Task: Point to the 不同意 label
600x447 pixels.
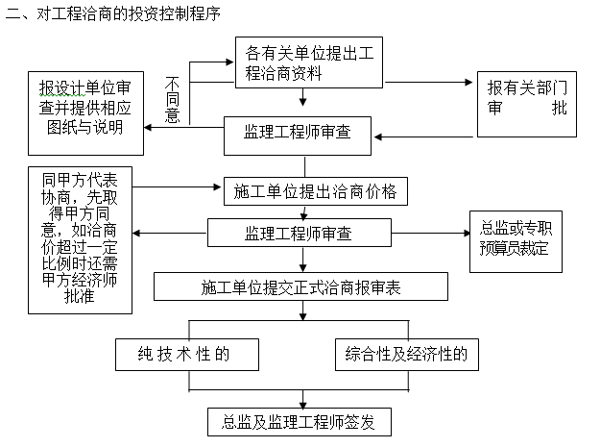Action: [x=173, y=99]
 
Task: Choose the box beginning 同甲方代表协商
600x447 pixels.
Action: [x=81, y=238]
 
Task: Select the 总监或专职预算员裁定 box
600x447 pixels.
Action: [x=515, y=238]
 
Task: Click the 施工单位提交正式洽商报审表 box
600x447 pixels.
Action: [x=300, y=286]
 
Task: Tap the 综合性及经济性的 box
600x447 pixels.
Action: [x=405, y=354]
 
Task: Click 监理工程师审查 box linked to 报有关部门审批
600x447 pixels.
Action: [x=298, y=136]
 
